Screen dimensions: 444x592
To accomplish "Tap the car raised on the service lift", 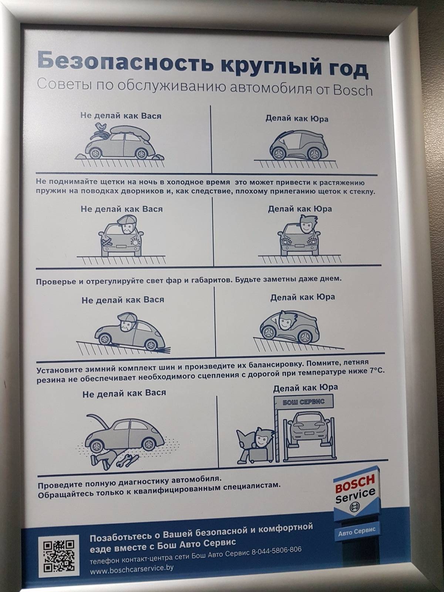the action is pyautogui.click(x=309, y=428).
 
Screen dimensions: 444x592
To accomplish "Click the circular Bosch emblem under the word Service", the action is pyautogui.click(x=355, y=507).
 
